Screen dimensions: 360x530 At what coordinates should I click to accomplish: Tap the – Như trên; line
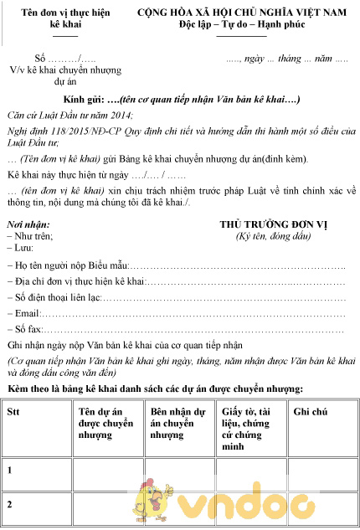(x=28, y=237)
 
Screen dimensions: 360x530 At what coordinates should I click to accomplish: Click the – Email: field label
(x=25, y=313)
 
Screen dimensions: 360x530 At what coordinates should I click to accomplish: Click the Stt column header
(x=14, y=412)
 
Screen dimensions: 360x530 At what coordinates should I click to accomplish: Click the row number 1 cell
(x=10, y=471)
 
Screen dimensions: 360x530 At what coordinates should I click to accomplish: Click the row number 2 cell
(x=10, y=505)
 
